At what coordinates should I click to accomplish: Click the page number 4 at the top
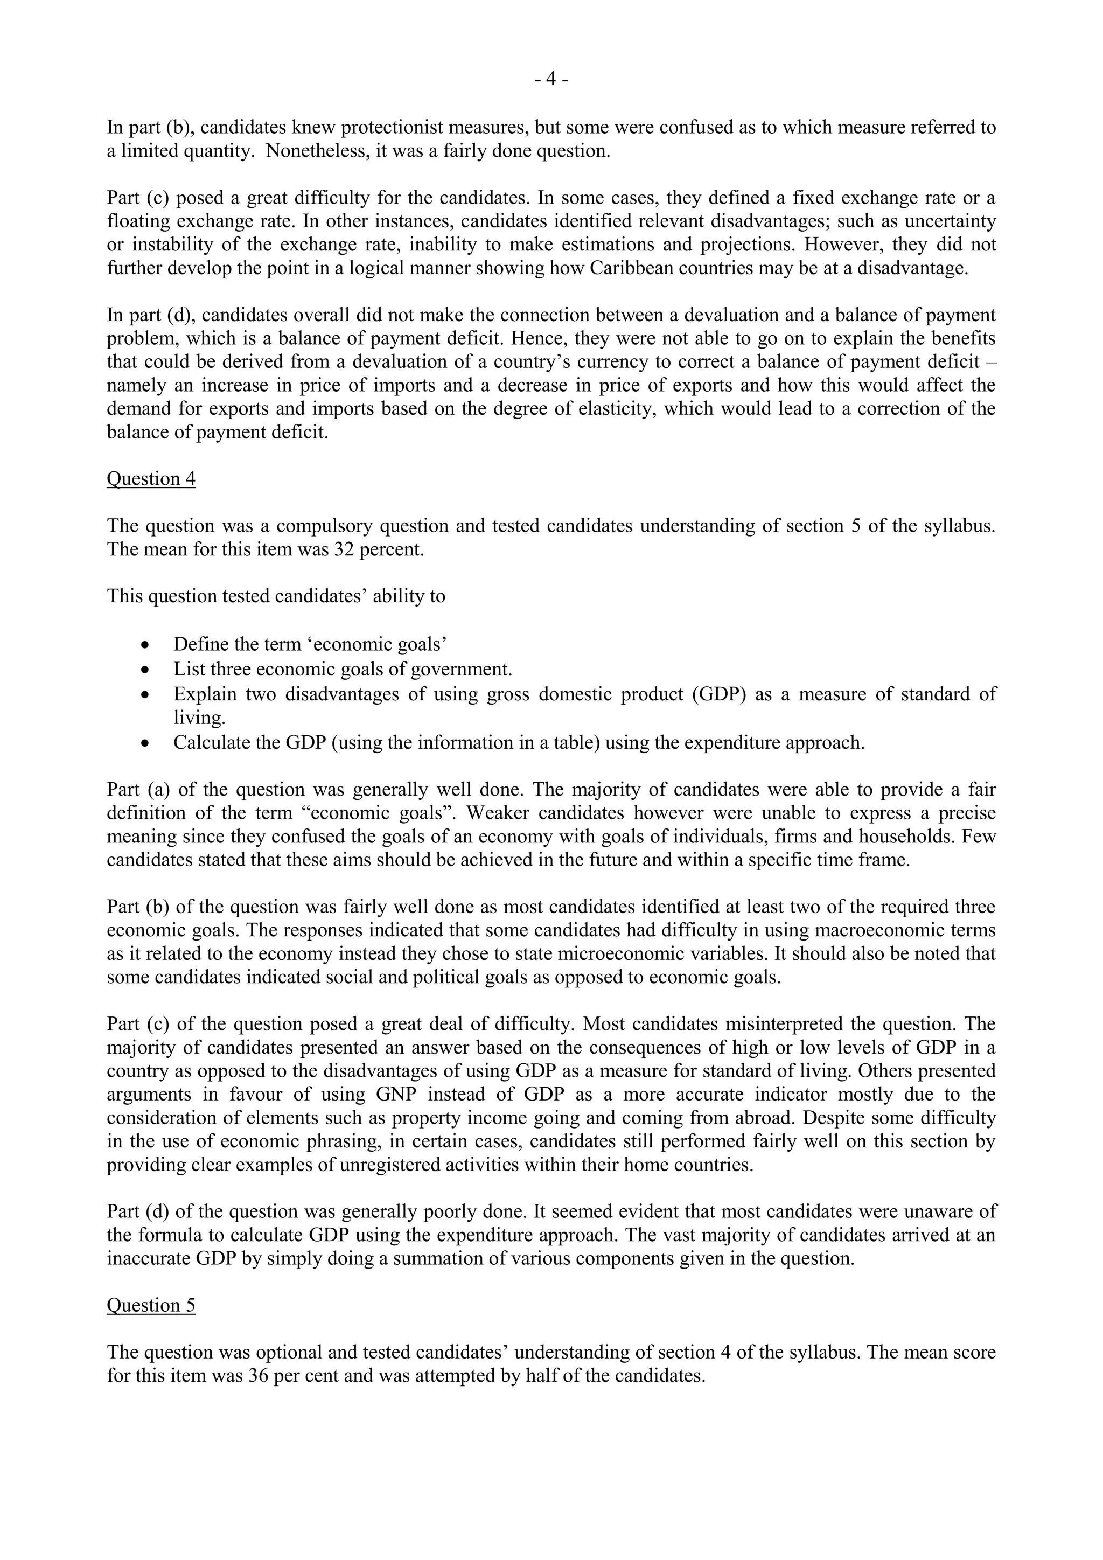point(551,80)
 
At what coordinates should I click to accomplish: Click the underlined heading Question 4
point(151,479)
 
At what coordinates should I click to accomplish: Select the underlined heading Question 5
point(151,1306)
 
